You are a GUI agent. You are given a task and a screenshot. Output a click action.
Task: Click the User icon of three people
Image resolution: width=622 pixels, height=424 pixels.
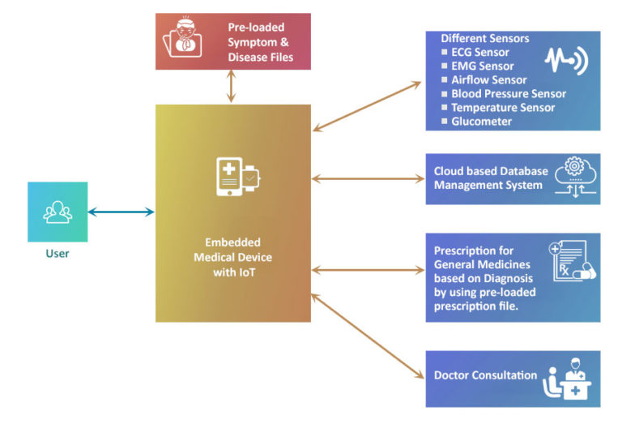pyautogui.click(x=58, y=212)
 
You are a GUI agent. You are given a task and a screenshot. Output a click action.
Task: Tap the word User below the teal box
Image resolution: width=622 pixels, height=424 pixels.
pyautogui.click(x=58, y=254)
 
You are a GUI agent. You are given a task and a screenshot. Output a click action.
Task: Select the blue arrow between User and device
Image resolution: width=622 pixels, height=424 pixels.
pyautogui.click(x=121, y=212)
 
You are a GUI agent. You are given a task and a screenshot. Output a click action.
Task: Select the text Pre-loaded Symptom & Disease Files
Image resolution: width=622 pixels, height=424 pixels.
pyautogui.click(x=260, y=42)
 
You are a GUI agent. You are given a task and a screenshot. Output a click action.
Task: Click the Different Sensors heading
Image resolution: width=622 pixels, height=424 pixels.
pyautogui.click(x=484, y=38)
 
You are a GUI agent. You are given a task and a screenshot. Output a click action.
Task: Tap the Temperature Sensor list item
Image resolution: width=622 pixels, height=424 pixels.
pyautogui.click(x=502, y=108)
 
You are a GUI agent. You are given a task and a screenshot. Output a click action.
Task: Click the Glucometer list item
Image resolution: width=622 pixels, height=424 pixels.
pyautogui.click(x=481, y=122)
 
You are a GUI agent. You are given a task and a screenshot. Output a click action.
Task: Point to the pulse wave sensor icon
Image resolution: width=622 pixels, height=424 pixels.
pyautogui.click(x=565, y=62)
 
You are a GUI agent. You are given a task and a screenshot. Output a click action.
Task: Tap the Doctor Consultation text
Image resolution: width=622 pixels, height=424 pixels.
pyautogui.click(x=485, y=375)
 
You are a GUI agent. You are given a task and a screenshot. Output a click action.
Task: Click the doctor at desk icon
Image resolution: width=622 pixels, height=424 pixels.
pyautogui.click(x=572, y=378)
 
